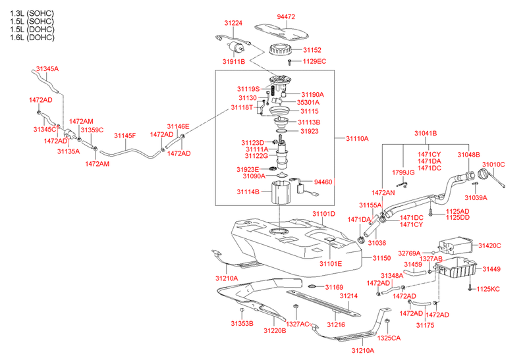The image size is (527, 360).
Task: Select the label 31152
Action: (312, 49)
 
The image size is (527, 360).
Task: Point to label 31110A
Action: (358, 139)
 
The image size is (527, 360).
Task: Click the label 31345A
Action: (47, 68)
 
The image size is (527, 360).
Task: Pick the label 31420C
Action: (489, 245)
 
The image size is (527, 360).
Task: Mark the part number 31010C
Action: (493, 165)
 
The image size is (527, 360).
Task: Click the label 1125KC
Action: (488, 289)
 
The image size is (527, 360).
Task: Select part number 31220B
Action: (274, 330)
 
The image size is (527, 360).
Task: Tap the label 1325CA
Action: (388, 338)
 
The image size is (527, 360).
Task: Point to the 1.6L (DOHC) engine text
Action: (32, 38)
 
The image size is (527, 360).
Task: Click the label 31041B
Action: (426, 134)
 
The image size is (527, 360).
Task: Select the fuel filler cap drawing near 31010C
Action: (484, 176)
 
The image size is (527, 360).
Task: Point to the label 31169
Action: (334, 287)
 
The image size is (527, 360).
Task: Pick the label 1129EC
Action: (315, 61)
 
